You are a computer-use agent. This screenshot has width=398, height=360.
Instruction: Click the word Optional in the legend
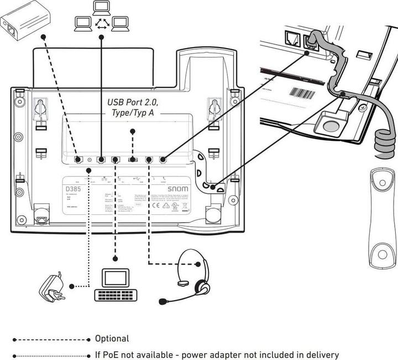tap(112, 338)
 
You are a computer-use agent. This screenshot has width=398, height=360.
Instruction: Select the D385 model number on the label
tap(72, 189)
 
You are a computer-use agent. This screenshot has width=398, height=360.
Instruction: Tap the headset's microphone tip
tap(163, 302)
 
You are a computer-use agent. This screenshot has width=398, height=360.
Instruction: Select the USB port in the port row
tap(133, 160)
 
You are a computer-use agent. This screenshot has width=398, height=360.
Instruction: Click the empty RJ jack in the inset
tap(291, 39)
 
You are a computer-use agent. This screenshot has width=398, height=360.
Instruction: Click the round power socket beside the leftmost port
tap(89, 160)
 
